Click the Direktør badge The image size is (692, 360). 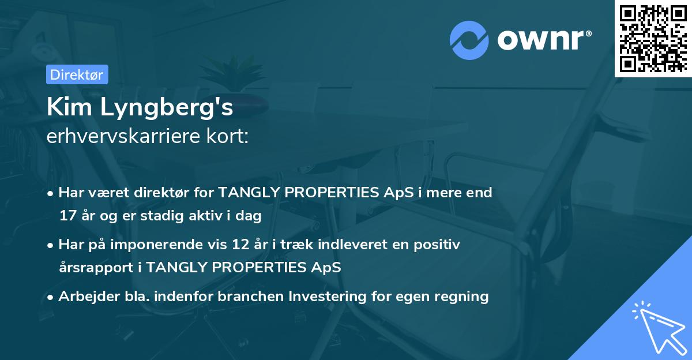(77, 74)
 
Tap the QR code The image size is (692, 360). (653, 38)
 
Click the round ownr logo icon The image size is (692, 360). (469, 40)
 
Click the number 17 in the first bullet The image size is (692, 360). (67, 216)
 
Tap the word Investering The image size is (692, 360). (330, 297)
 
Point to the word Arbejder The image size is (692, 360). (85, 297)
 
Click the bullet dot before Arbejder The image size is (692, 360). (51, 297)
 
